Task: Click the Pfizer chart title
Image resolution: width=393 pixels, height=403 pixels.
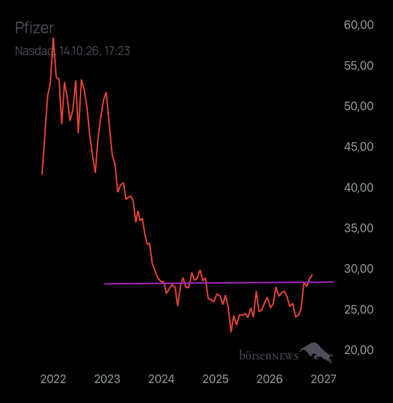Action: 34,28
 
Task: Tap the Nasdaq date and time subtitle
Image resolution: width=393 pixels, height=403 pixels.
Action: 73,51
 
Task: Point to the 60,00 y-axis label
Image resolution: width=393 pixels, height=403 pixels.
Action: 359,25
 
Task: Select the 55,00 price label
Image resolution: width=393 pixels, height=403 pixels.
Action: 359,66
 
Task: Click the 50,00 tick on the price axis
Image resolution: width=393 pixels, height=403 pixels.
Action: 359,106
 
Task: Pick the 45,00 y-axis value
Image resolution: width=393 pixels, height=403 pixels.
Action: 359,147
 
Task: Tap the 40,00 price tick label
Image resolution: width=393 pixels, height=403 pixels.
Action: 359,187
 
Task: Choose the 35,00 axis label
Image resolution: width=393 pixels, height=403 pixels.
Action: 359,228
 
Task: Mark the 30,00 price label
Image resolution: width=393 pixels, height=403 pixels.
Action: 359,269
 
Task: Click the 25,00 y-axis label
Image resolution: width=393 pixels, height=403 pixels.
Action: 359,310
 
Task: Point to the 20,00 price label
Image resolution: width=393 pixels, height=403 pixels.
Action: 359,350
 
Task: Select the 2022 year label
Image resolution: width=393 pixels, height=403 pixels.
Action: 53,379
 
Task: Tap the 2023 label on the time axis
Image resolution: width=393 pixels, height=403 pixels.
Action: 107,379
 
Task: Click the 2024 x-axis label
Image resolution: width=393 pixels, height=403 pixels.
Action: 161,379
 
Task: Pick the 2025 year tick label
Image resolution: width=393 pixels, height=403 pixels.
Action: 216,379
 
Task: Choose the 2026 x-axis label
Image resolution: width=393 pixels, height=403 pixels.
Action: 269,379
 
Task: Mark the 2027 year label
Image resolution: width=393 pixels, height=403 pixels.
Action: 323,379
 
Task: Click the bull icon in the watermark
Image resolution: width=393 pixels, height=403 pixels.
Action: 316,351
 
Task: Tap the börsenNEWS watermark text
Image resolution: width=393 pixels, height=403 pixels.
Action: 269,355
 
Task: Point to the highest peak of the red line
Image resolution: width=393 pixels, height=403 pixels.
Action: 53,38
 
